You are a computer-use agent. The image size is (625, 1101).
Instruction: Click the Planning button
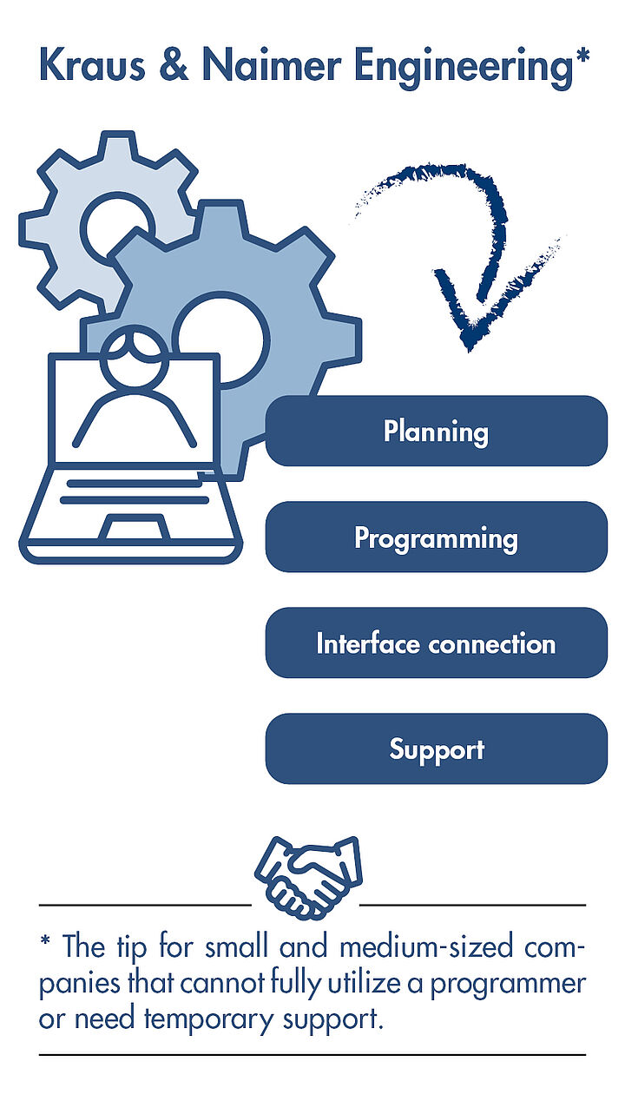coord(437,431)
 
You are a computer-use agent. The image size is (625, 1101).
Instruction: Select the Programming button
coord(437,537)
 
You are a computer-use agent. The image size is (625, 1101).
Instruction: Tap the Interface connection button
coord(437,643)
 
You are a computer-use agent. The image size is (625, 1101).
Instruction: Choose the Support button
coord(437,748)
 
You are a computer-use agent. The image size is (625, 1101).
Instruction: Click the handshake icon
coord(308,878)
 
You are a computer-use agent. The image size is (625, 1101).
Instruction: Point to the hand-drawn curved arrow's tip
coord(470,351)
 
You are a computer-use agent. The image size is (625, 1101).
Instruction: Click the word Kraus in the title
coord(92,65)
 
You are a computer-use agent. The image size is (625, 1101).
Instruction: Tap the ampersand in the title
coord(174,65)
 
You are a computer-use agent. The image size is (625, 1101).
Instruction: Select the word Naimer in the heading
coord(272,65)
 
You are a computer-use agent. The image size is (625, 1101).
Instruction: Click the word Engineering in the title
coord(464,68)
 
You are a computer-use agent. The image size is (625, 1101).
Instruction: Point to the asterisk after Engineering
coord(582,55)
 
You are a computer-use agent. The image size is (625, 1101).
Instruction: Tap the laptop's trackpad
coord(134,527)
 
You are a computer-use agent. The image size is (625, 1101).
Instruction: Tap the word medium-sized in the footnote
coord(426,947)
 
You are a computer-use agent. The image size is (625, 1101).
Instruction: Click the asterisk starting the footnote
coord(45,941)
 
